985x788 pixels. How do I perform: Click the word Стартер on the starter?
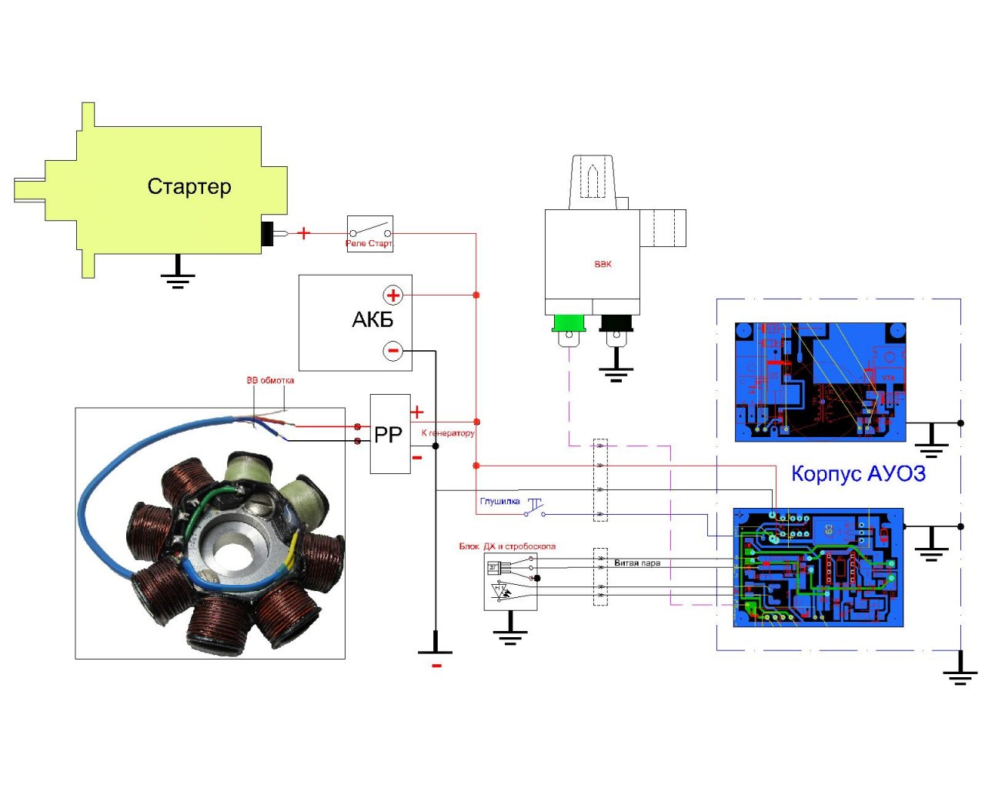coord(189,187)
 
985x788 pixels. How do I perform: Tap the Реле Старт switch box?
coord(369,233)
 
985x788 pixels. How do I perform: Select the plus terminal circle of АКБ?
coord(392,295)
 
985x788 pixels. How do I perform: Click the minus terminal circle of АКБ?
coord(392,351)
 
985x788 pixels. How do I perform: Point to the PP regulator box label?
coord(388,435)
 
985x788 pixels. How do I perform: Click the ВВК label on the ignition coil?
coord(603,264)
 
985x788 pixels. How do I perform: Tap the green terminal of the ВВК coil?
coord(569,323)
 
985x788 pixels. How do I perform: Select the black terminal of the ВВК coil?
coord(616,323)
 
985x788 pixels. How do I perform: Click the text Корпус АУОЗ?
coord(858,473)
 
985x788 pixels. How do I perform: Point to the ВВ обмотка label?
coord(270,380)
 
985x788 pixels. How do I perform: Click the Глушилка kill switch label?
coord(499,502)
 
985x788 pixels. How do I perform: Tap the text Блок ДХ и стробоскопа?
coord(507,546)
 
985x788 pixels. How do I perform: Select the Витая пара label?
coord(637,563)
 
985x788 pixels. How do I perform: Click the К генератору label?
coord(448,433)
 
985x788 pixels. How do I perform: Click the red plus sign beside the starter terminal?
coord(304,232)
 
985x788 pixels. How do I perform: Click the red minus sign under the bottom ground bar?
coord(436,666)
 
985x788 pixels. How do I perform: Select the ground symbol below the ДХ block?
coord(510,634)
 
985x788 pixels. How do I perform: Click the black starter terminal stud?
coord(268,233)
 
